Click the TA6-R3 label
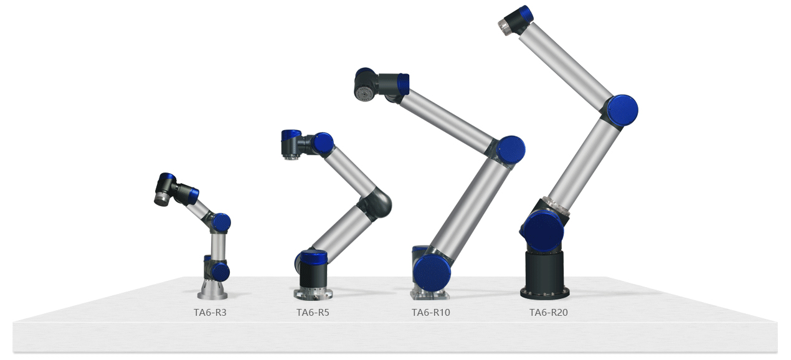pyautogui.click(x=210, y=312)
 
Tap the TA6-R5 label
pyautogui.click(x=313, y=312)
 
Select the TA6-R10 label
pyautogui.click(x=431, y=312)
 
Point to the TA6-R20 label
pyautogui.click(x=548, y=312)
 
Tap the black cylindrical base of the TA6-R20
pyautogui.click(x=545, y=275)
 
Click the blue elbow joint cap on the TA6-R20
pyautogui.click(x=623, y=110)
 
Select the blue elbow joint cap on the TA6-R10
pyautogui.click(x=510, y=150)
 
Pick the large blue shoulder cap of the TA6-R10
pyautogui.click(x=432, y=273)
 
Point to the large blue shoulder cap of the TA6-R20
pyautogui.click(x=542, y=232)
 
